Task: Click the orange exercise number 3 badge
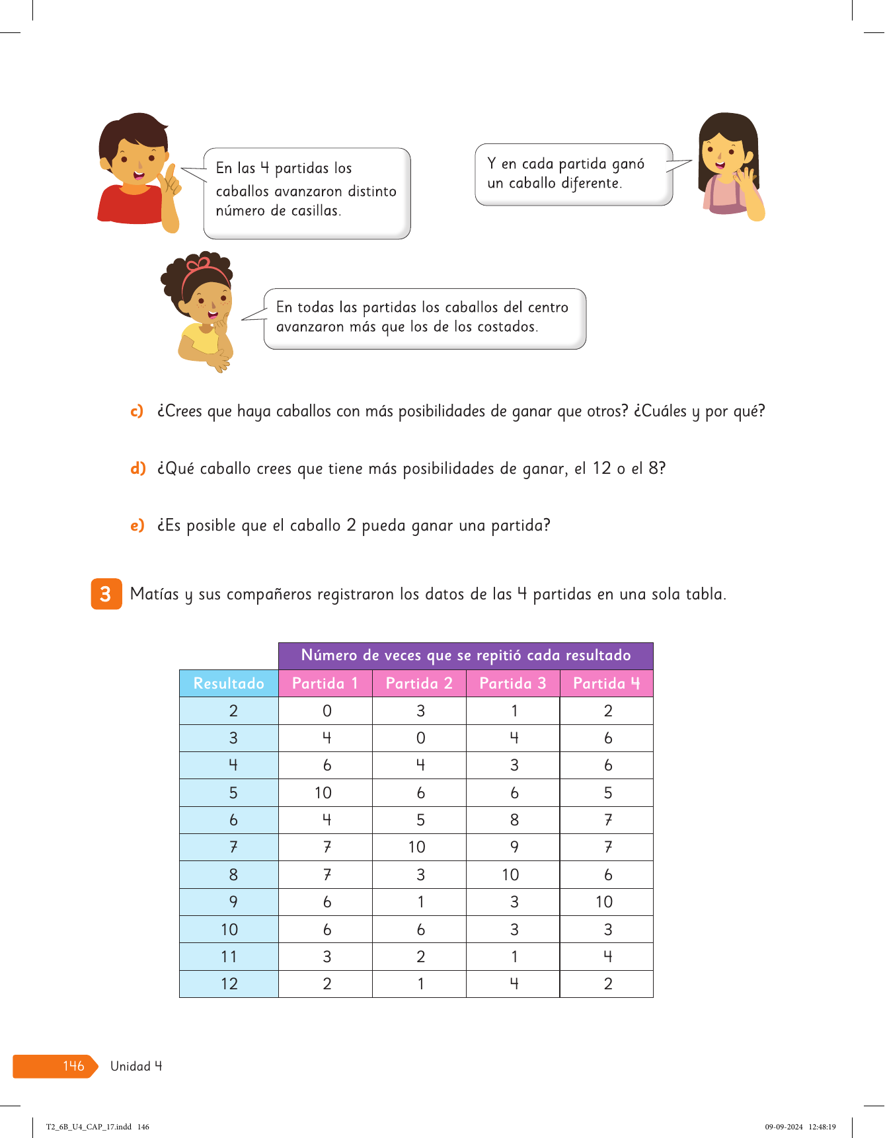[106, 593]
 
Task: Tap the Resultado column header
[229, 683]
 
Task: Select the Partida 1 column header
[325, 683]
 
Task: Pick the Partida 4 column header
[606, 683]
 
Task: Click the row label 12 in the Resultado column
[229, 984]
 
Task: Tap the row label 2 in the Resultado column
[233, 711]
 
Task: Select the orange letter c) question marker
[137, 411]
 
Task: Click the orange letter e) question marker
[137, 525]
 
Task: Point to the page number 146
[73, 1066]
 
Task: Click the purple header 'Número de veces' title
[466, 656]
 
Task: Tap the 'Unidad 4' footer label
[136, 1066]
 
